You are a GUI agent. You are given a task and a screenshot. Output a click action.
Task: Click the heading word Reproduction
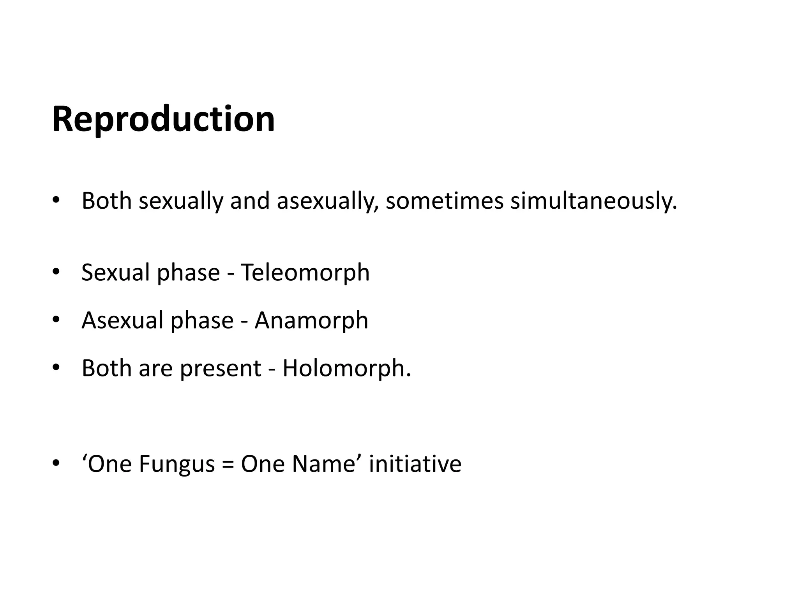pos(164,119)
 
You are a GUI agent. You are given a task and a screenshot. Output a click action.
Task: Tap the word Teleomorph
pos(305,272)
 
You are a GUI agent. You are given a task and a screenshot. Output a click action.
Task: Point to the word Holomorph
pos(346,368)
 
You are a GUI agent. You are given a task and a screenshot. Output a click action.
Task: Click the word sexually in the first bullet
pos(181,201)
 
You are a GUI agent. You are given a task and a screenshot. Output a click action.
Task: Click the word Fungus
pos(177,464)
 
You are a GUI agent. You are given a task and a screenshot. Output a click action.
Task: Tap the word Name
pos(324,464)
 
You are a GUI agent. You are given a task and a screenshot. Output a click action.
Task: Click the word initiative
pos(415,464)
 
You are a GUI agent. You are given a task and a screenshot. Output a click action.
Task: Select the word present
pos(220,369)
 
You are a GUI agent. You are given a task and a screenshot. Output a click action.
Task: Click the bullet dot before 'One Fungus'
pos(56,463)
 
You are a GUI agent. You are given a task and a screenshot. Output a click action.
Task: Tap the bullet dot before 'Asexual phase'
pos(56,320)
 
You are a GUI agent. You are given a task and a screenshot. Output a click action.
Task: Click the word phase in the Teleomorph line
pos(188,272)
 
